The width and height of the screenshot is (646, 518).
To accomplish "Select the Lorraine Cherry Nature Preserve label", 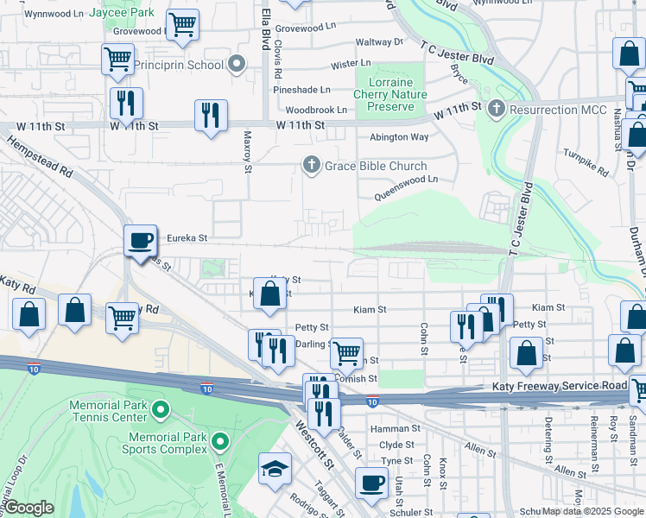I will coord(391,94).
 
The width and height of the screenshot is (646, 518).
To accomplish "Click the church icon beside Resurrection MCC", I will coord(496,110).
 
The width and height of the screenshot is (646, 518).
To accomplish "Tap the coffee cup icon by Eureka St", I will coord(140,241).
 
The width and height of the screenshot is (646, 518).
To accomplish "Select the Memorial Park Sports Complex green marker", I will coord(220,443).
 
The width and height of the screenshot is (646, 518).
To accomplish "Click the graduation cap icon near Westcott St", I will coord(275,469).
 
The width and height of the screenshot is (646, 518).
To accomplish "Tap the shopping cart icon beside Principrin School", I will coord(117,60).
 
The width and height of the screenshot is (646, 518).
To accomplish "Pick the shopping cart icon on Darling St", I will coord(346,351).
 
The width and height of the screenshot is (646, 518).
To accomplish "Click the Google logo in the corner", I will coord(29,508).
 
